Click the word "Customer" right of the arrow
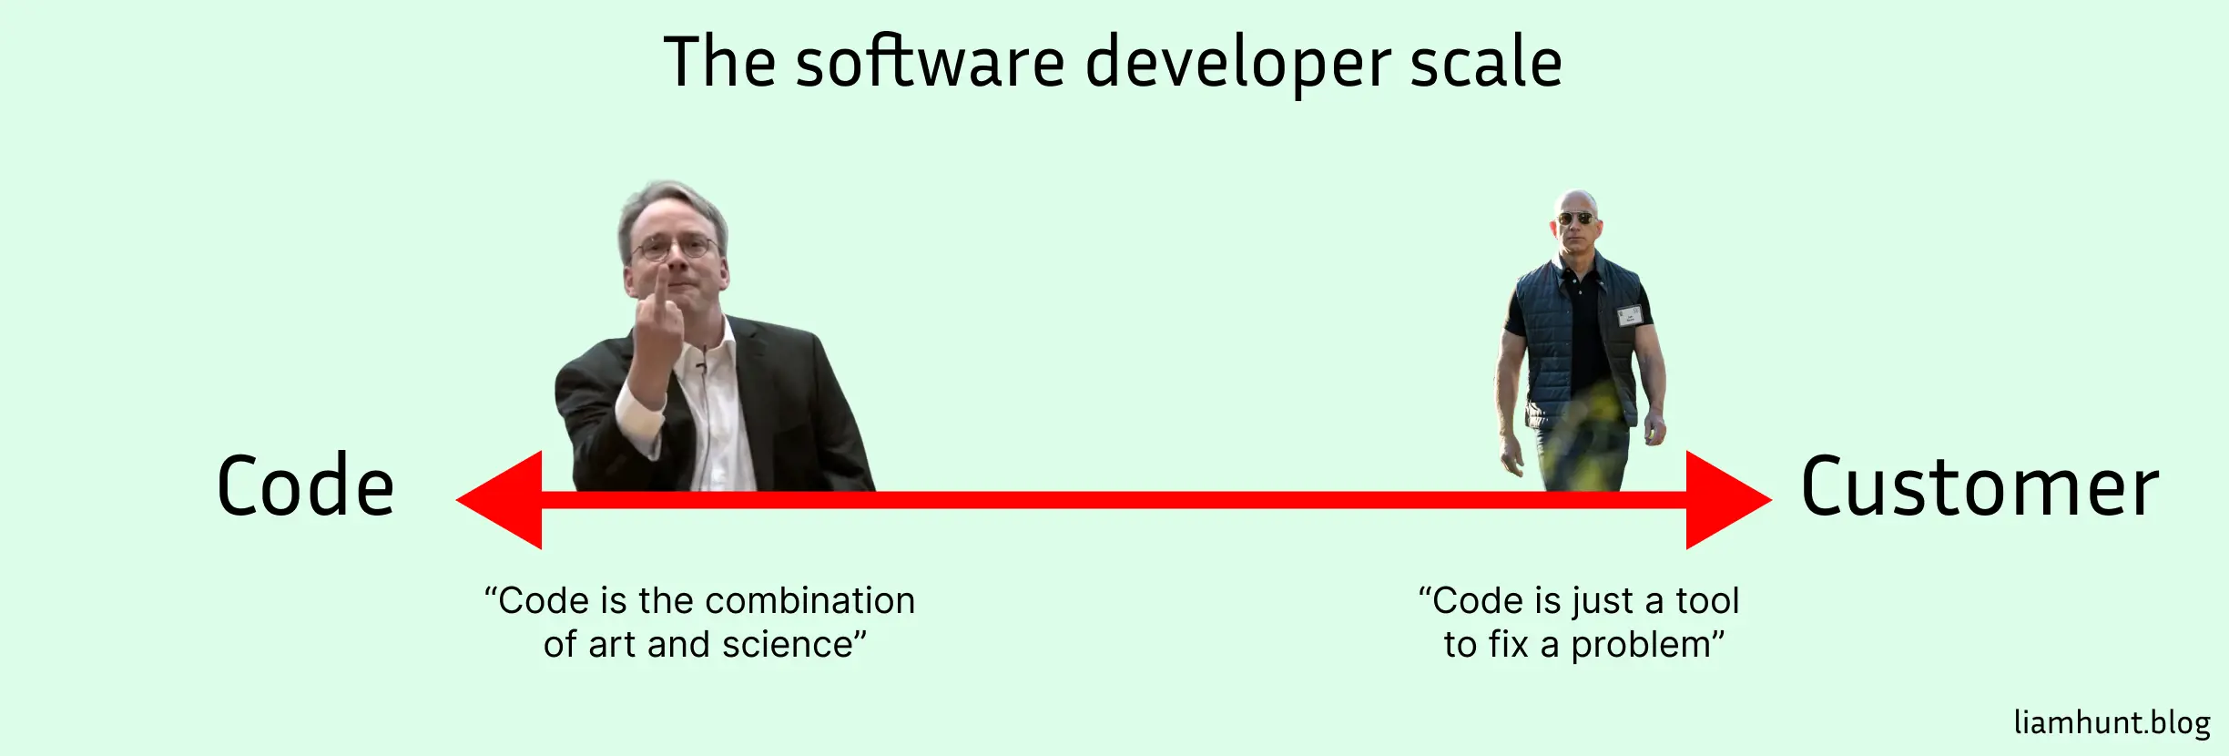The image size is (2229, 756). pyautogui.click(x=1980, y=487)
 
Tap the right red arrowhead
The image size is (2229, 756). pyautogui.click(x=1728, y=499)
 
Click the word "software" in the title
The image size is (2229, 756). pyautogui.click(x=931, y=62)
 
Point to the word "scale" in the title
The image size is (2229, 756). pyautogui.click(x=1486, y=62)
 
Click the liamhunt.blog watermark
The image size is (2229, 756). pyautogui.click(x=2112, y=722)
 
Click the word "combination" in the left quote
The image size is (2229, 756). pyautogui.click(x=809, y=601)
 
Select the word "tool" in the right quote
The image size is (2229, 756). pyautogui.click(x=1707, y=601)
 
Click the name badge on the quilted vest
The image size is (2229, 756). pyautogui.click(x=1629, y=316)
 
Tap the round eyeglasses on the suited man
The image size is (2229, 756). pyautogui.click(x=674, y=247)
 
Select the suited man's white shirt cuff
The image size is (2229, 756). pyautogui.click(x=640, y=418)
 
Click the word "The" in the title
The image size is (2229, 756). pyautogui.click(x=720, y=62)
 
